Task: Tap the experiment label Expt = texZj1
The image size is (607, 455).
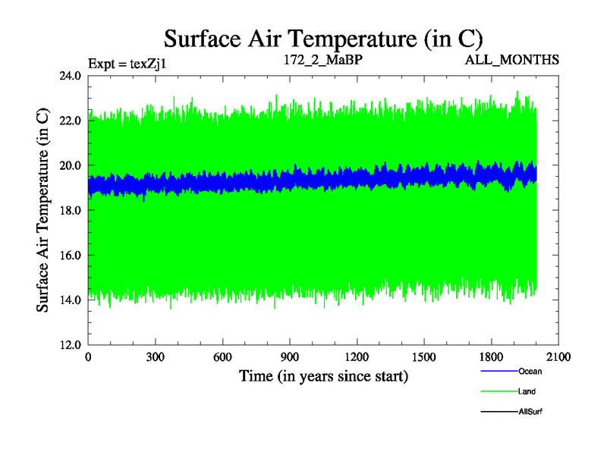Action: click(x=127, y=63)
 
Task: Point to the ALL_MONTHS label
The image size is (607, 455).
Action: click(x=513, y=58)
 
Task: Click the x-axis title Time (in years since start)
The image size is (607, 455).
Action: click(x=324, y=375)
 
